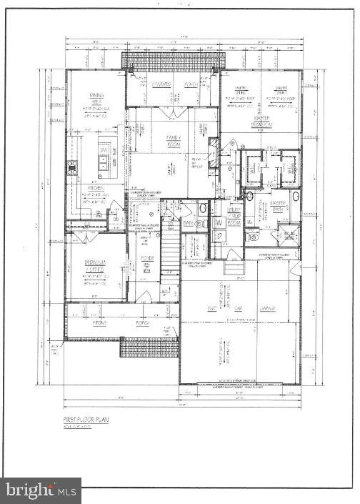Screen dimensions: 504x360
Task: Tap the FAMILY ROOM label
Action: [174, 140]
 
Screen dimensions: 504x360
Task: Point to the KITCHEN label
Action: [96, 189]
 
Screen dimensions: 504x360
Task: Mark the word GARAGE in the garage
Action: [267, 309]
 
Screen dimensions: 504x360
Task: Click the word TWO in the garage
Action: [211, 309]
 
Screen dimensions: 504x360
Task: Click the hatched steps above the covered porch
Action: [171, 61]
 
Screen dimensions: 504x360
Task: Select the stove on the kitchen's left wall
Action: [72, 169]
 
